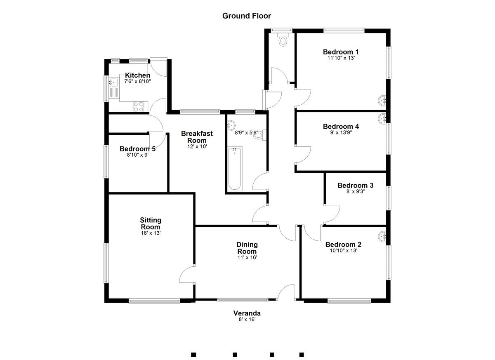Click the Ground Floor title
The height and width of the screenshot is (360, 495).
pos(247,16)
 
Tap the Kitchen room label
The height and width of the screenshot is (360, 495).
pos(137,75)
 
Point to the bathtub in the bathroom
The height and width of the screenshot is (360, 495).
pos(235,169)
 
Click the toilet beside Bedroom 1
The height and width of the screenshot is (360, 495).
pos(283,39)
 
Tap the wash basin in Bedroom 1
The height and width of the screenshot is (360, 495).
pos(382,101)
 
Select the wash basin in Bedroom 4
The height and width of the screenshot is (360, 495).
pos(382,119)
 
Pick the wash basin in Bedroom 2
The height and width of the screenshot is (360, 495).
pos(382,237)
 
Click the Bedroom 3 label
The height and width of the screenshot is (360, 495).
pos(355,185)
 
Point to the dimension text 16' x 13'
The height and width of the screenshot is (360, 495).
pos(151,233)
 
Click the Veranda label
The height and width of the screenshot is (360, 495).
pos(247,313)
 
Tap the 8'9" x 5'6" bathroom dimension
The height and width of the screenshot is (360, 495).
pos(246,133)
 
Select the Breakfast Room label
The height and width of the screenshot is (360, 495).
pos(197,137)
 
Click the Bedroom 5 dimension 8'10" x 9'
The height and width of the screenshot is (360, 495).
pos(137,155)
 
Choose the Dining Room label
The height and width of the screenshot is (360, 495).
pos(247,248)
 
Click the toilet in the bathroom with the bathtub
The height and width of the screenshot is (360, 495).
pos(259,135)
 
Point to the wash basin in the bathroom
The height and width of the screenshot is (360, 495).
pos(231,125)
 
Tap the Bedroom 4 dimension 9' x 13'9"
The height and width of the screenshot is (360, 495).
pos(341,132)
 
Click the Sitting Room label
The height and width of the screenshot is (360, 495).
pos(151,223)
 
